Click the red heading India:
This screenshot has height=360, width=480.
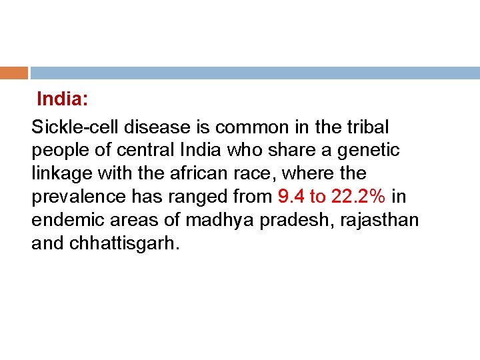[x=63, y=100]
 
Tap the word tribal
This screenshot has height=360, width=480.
[x=367, y=127]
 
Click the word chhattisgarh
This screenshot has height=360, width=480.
[x=122, y=243]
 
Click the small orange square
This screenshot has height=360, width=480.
[x=14, y=72]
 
